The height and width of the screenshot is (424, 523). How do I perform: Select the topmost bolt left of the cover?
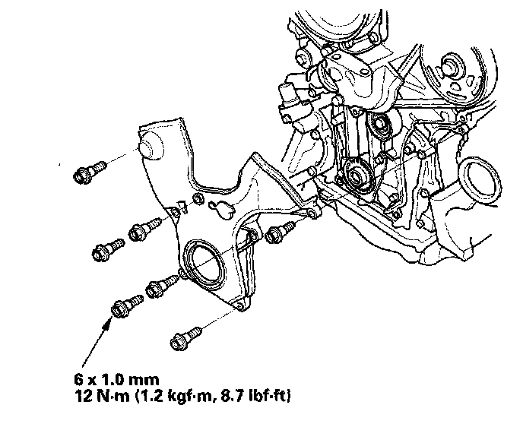click(90, 172)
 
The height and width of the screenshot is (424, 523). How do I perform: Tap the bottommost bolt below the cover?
click(185, 338)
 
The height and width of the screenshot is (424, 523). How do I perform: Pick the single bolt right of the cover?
click(280, 232)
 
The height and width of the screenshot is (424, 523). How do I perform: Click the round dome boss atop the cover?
click(151, 146)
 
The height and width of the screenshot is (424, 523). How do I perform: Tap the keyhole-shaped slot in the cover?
click(221, 209)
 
